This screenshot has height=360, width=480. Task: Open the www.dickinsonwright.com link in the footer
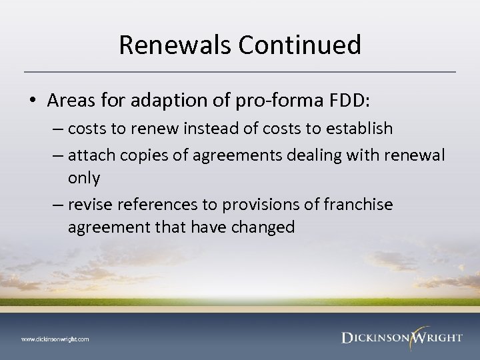(x=55, y=339)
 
